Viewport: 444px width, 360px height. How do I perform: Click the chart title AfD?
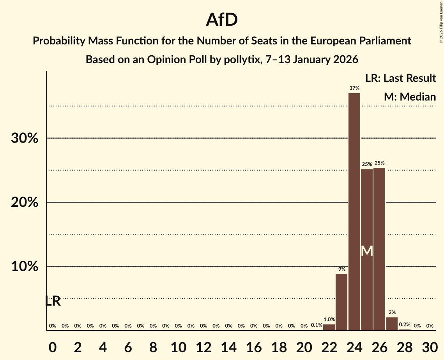pos(222,20)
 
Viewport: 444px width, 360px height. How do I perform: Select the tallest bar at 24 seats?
pos(354,210)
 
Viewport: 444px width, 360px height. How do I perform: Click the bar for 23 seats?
pos(341,302)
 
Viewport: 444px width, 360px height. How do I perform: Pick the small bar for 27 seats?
pos(392,324)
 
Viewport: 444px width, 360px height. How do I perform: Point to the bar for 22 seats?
pos(329,327)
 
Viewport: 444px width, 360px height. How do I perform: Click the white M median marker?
pos(367,251)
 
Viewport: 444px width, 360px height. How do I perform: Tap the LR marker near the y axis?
pos(53,301)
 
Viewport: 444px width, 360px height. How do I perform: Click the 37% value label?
pos(354,88)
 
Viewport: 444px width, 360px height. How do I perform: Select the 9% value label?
pos(341,269)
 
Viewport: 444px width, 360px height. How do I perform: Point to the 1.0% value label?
pos(329,319)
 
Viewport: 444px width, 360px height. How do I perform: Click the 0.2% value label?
pos(405,325)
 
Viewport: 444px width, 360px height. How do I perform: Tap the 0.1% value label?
pos(317,325)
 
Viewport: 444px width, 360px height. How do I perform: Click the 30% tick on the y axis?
pos(25,138)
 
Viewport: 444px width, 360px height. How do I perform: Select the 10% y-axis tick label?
pos(25,267)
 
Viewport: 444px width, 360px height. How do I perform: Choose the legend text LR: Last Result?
pos(400,78)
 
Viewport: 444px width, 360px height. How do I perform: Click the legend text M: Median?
pos(410,97)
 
